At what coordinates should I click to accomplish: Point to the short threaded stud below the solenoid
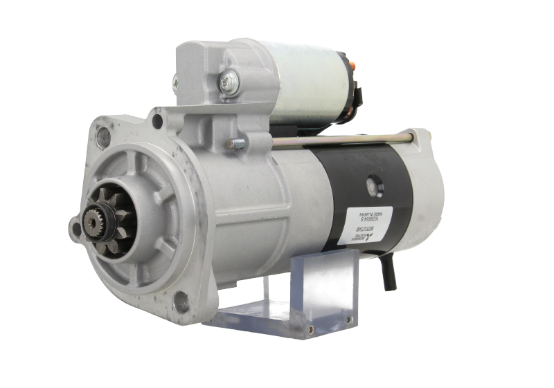[235, 144]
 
